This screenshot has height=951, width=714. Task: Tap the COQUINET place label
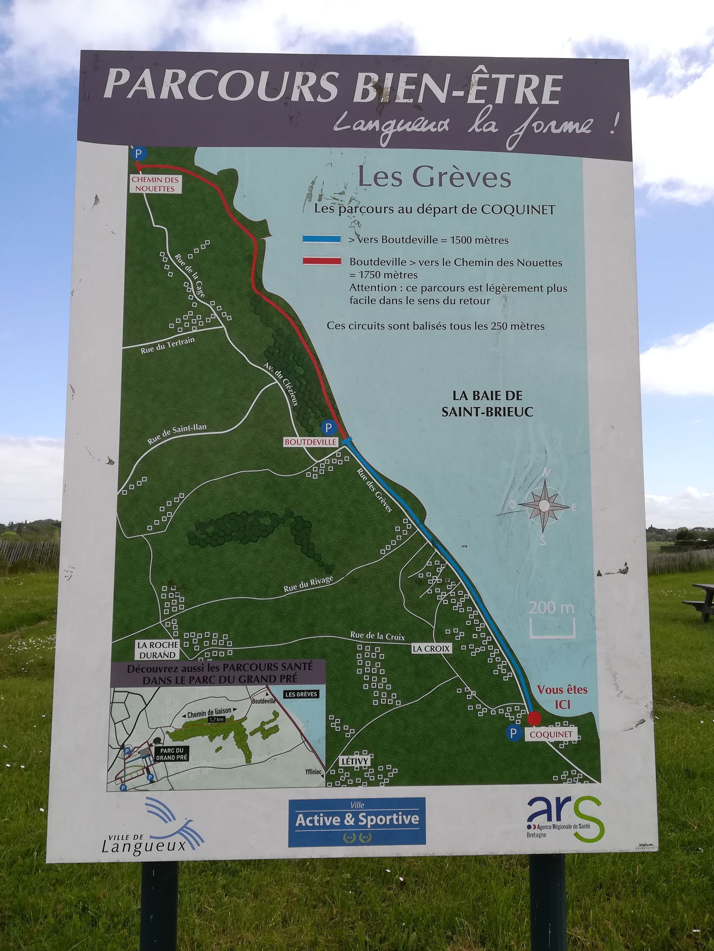pos(551,734)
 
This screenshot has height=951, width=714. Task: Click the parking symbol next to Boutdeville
pos(329,428)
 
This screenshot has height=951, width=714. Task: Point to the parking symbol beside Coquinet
pos(514,733)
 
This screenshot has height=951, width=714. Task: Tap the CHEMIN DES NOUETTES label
pos(155,184)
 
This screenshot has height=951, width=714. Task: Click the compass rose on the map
pos(544,505)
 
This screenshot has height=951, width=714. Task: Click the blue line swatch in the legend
pos(321,239)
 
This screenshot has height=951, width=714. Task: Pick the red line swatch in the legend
pos(321,261)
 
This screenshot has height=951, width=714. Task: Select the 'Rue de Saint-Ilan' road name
pos(177,434)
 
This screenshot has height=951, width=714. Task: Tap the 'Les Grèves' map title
pos(434,177)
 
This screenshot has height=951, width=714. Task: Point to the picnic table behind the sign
pos(699,600)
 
